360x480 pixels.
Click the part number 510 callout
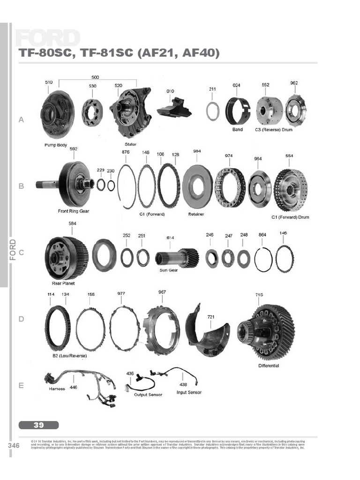(49, 82)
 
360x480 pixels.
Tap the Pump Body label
(56, 145)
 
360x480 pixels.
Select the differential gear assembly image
(265, 332)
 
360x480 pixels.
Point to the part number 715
(259, 295)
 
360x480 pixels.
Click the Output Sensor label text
(148, 395)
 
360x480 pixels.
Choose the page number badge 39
(39, 425)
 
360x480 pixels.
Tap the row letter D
(21, 319)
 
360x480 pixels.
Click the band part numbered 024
(238, 111)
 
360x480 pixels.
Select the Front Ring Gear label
(74, 211)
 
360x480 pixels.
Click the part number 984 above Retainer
(197, 151)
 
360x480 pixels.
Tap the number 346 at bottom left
(14, 445)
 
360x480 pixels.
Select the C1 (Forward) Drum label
(290, 217)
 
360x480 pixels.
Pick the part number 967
(162, 292)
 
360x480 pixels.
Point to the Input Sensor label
(189, 392)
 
